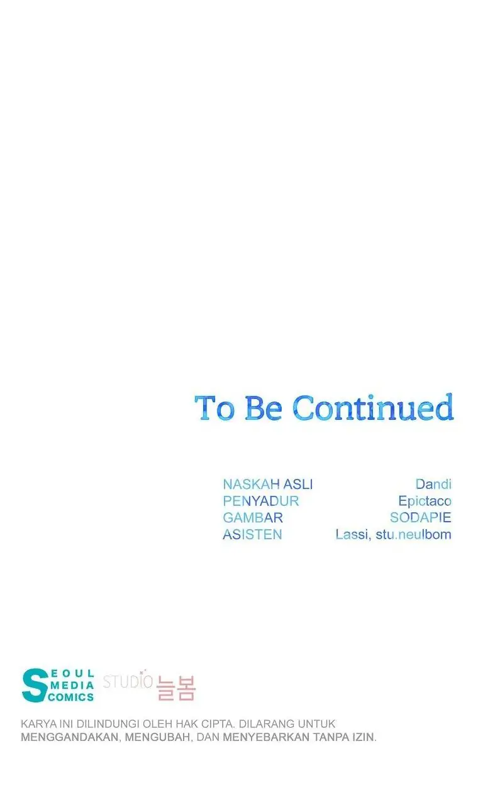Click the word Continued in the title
[373, 408]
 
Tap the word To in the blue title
[214, 408]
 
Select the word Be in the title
[263, 408]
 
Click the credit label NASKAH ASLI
[268, 484]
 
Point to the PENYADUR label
[261, 501]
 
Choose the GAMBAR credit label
[253, 517]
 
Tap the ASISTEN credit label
[252, 534]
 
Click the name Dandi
[433, 484]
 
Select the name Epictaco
[425, 501]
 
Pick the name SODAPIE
[421, 517]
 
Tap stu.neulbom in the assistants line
[413, 534]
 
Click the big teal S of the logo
[35, 685]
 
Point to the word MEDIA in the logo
[72, 685]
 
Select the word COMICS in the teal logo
[70, 698]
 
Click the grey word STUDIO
[128, 681]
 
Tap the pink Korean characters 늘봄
[176, 688]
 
